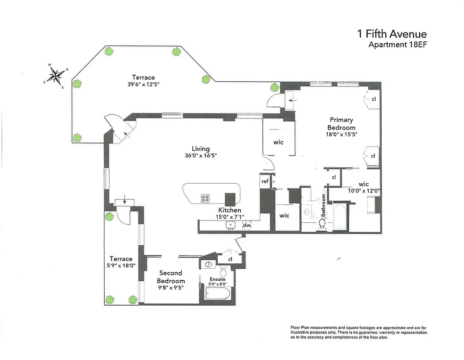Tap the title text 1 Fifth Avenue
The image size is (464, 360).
click(392, 34)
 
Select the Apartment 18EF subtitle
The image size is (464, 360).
click(397, 45)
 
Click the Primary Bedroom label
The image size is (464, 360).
click(342, 124)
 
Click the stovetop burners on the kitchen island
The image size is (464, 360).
click(205, 198)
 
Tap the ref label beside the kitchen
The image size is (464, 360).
click(265, 181)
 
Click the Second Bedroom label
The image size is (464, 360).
click(171, 277)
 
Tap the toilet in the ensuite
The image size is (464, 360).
click(222, 272)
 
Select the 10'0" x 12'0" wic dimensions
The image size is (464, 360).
click(363, 190)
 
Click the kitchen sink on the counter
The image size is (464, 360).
click(232, 225)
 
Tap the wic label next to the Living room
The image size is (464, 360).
click(278, 142)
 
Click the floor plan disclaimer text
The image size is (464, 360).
click(358, 332)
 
